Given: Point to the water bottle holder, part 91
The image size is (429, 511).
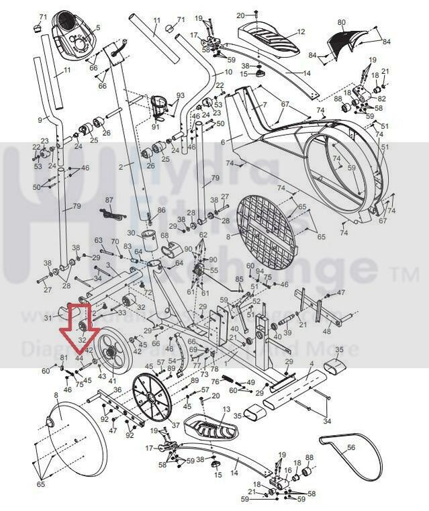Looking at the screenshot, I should click(x=161, y=107).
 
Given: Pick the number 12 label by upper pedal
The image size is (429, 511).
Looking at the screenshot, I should click(x=301, y=32).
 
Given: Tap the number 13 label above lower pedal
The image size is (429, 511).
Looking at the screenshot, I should click(x=226, y=409).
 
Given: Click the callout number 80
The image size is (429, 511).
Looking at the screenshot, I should click(x=342, y=23).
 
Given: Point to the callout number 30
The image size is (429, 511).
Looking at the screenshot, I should click(x=132, y=232).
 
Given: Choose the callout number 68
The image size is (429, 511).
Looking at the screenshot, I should click(x=164, y=235).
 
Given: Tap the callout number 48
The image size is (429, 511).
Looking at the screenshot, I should click(x=327, y=331).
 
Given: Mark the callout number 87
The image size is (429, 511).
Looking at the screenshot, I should click(x=109, y=200).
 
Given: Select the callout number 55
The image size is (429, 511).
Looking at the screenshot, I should click(x=214, y=270).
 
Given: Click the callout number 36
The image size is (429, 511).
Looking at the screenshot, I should click(x=117, y=390).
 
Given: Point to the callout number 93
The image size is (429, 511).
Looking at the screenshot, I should click(x=180, y=95).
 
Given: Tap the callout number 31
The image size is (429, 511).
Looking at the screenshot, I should click(x=48, y=318).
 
